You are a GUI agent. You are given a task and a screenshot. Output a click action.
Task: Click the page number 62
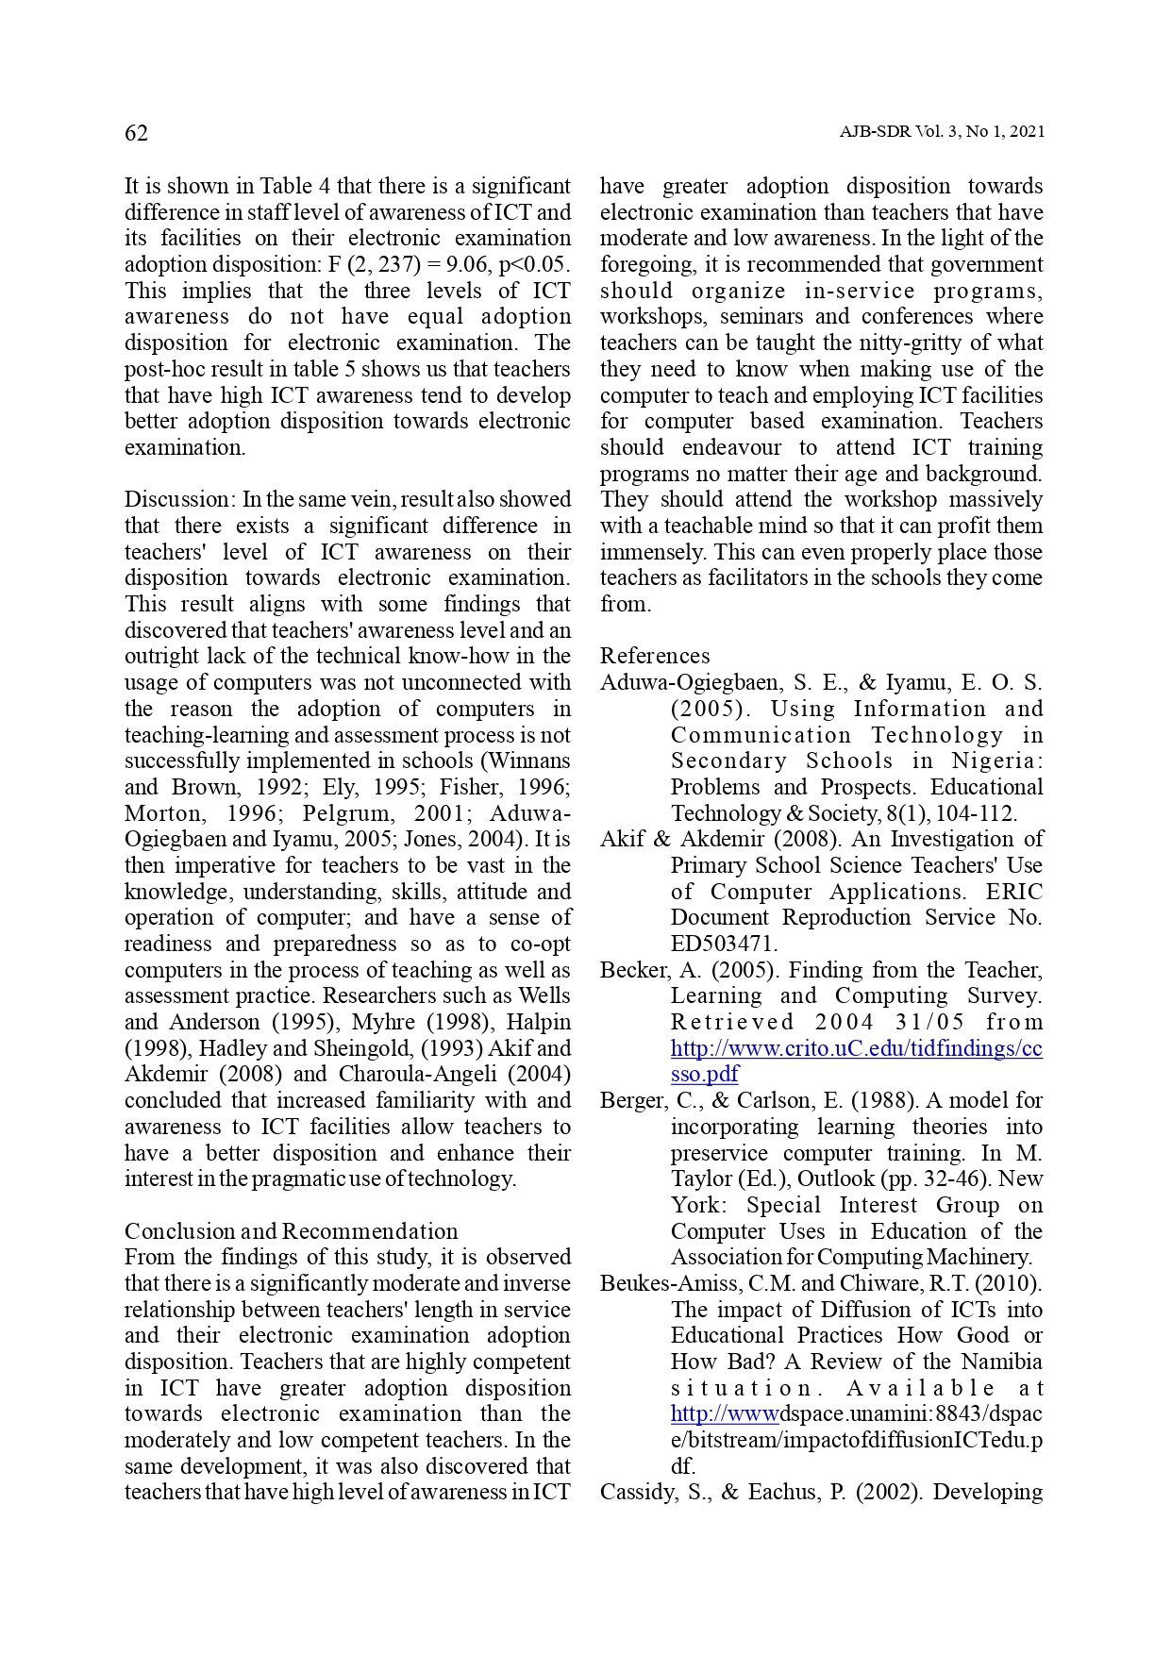[136, 133]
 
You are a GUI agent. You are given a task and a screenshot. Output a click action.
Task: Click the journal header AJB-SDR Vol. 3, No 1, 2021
[942, 132]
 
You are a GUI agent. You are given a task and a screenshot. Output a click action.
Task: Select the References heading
[655, 656]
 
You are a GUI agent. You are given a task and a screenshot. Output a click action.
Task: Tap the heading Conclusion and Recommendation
[291, 1231]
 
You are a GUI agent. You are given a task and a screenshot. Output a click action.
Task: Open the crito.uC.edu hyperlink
[856, 1048]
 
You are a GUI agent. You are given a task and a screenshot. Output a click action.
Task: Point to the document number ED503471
[724, 944]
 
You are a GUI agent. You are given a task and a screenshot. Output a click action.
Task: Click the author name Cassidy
[635, 1492]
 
